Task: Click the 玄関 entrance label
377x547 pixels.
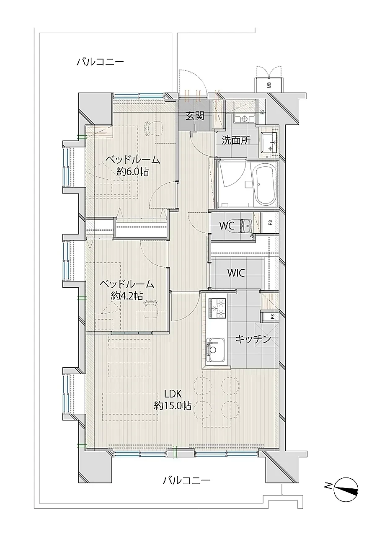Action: pyautogui.click(x=195, y=116)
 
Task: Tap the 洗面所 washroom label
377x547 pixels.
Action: pyautogui.click(x=236, y=140)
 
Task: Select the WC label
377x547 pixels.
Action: pyautogui.click(x=227, y=226)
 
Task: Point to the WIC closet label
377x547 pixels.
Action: pyautogui.click(x=236, y=273)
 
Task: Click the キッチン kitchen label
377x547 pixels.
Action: pyautogui.click(x=253, y=339)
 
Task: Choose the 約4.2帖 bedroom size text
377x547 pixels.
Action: pyautogui.click(x=127, y=296)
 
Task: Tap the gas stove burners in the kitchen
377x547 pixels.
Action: pyautogui.click(x=217, y=308)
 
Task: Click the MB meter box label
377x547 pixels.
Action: pyautogui.click(x=269, y=85)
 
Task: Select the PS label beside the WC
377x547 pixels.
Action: pyautogui.click(x=270, y=222)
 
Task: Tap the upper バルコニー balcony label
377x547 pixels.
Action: pyautogui.click(x=100, y=62)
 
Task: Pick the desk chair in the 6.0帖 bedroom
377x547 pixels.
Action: pyautogui.click(x=154, y=128)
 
